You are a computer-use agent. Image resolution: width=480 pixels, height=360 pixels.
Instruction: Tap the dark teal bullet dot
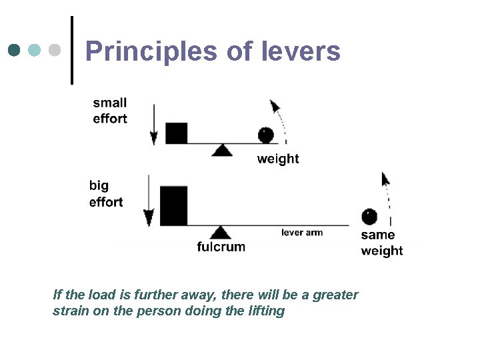15,50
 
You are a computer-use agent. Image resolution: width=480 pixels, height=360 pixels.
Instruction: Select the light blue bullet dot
35,50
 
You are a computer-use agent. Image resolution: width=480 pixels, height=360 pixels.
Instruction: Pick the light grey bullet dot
54,50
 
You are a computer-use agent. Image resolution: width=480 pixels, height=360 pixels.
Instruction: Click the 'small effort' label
110,111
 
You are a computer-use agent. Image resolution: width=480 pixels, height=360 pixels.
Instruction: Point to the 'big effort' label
106,193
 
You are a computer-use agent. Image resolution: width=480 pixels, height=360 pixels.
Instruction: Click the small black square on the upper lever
176,133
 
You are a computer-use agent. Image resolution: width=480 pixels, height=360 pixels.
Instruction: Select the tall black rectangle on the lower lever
174,205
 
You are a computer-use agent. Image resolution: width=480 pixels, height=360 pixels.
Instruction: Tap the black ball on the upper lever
266,135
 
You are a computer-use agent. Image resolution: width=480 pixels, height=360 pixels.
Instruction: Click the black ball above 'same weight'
369,217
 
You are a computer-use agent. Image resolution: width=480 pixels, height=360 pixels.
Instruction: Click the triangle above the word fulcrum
220,233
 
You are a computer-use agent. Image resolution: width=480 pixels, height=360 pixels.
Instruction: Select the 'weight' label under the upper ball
278,159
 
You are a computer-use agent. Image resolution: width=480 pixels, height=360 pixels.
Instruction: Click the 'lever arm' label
302,233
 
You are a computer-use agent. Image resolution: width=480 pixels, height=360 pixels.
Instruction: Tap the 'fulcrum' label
221,247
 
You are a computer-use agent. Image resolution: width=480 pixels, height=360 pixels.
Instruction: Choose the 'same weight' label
382,243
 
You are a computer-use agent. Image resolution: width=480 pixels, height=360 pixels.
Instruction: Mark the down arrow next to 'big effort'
149,203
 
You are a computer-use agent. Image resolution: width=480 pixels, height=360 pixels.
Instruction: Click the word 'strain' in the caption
71,311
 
